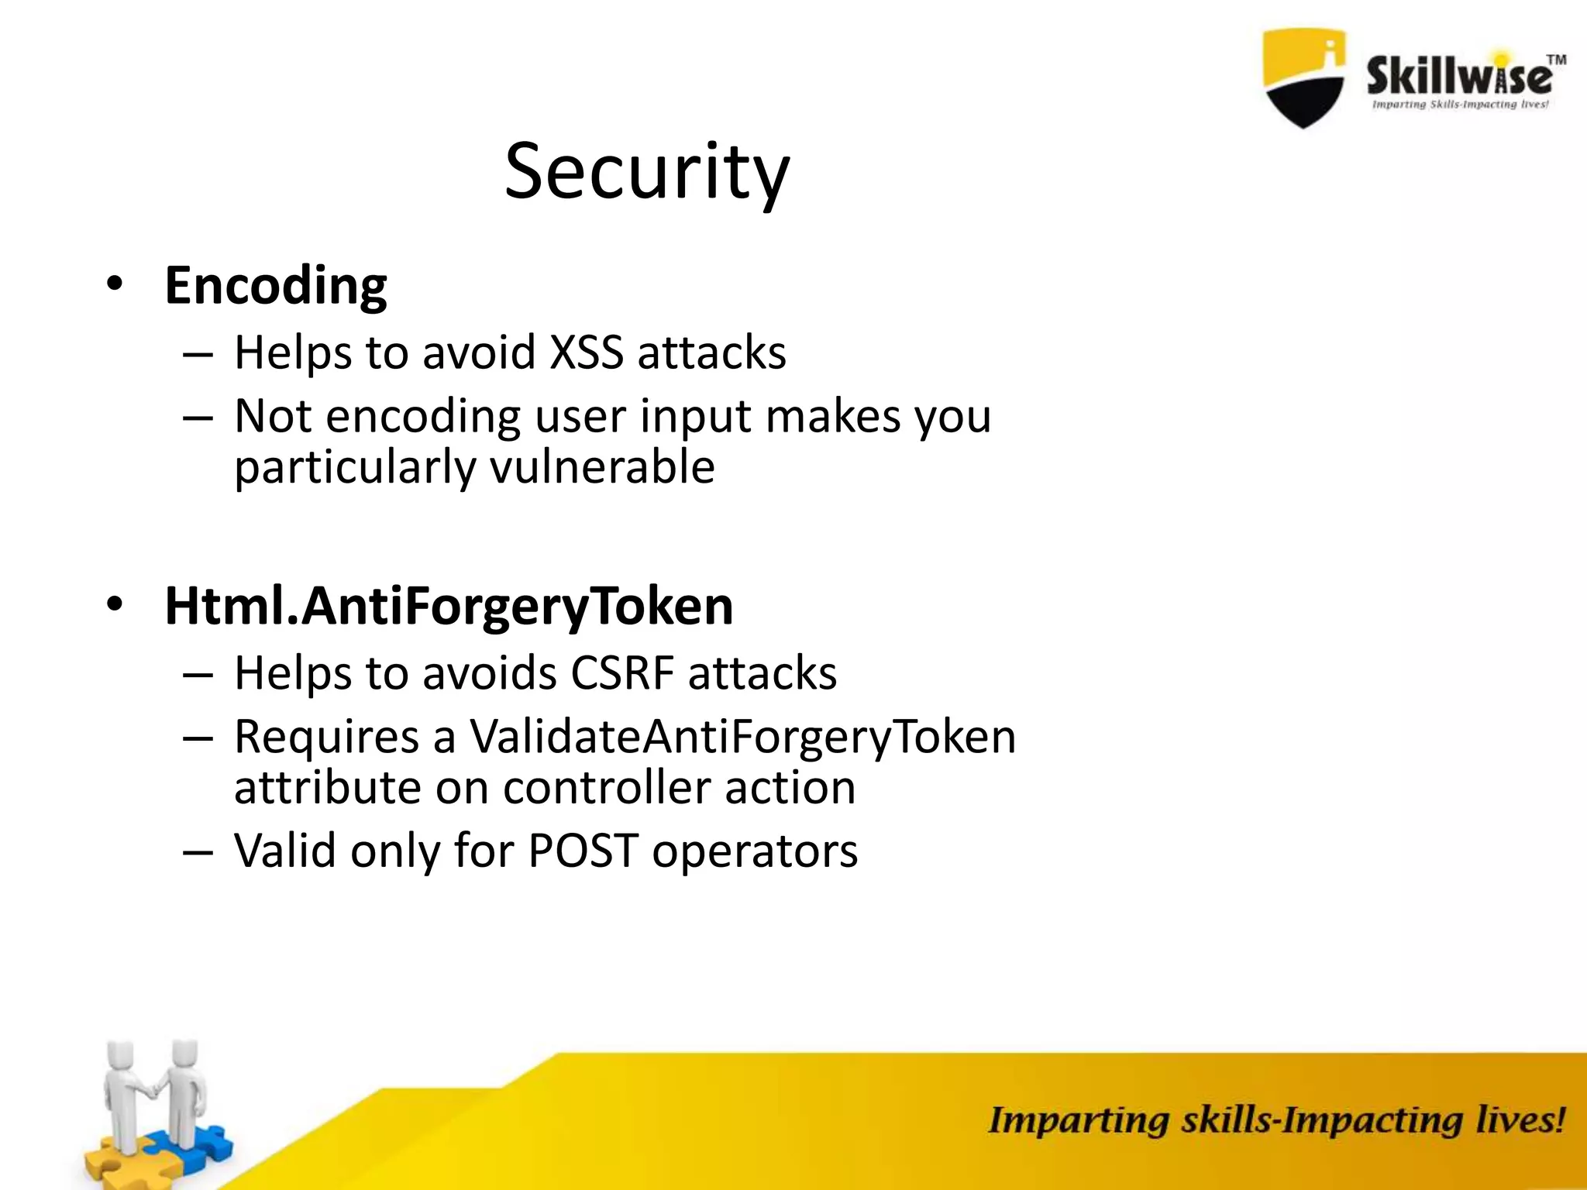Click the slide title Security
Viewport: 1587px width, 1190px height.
(x=647, y=172)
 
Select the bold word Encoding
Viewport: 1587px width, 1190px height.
(x=275, y=286)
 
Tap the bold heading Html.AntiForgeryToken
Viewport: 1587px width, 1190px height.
(x=449, y=607)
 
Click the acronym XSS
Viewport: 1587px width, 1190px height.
(x=586, y=353)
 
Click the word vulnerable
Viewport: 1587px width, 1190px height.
(x=602, y=467)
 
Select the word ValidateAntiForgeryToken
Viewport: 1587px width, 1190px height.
(x=742, y=737)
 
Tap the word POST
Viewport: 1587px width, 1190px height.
(x=583, y=851)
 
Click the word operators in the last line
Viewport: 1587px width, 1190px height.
(x=755, y=851)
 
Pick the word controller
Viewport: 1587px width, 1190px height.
(x=607, y=788)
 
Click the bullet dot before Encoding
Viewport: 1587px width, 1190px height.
(x=115, y=284)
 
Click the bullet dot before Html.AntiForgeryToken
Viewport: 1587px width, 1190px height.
(x=115, y=604)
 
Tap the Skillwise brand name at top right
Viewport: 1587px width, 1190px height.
(x=1458, y=76)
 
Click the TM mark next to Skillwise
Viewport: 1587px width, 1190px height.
(x=1556, y=60)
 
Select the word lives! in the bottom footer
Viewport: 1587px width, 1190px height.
(x=1520, y=1121)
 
